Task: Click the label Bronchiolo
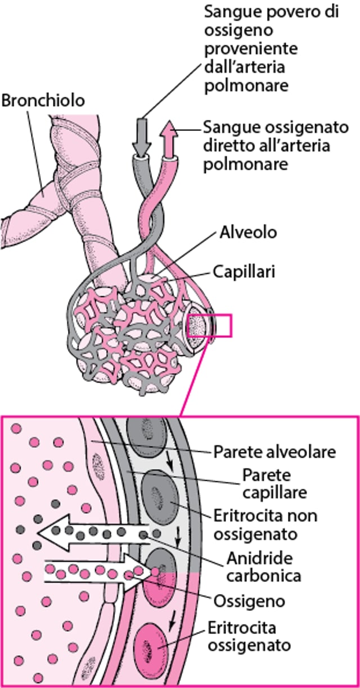(x=43, y=101)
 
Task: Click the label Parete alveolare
(x=274, y=451)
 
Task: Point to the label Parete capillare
(x=275, y=484)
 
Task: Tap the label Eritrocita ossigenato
(x=249, y=636)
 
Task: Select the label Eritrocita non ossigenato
(x=265, y=523)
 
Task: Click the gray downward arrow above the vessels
(x=141, y=137)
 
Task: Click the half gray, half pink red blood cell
(x=159, y=576)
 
